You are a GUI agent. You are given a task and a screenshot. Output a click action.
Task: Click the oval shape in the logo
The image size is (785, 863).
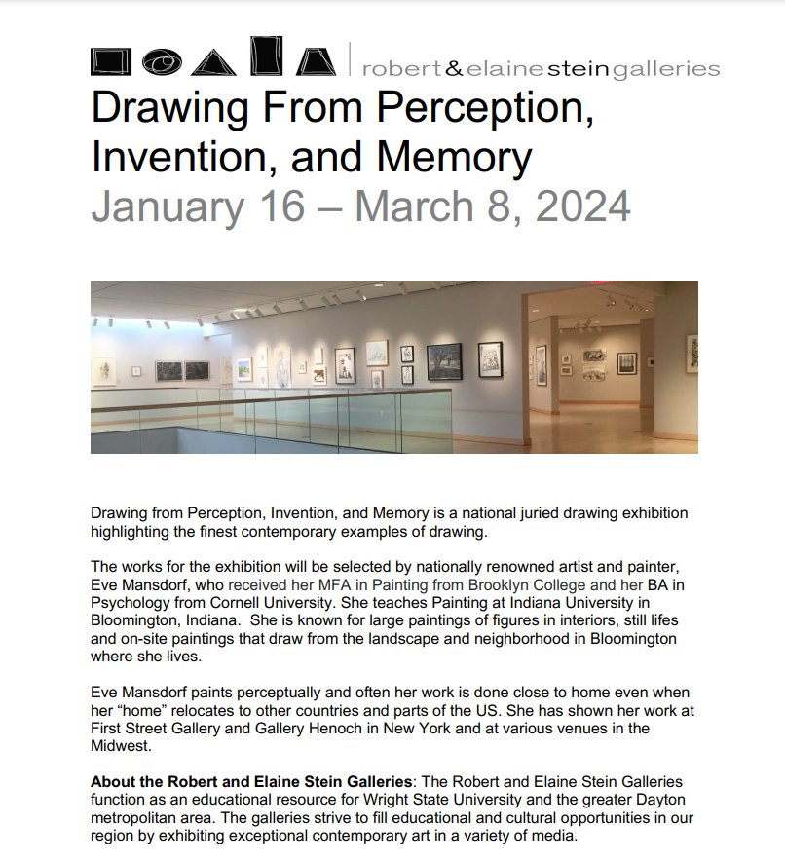tap(162, 62)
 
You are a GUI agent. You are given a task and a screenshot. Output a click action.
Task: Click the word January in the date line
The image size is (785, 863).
tap(161, 206)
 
